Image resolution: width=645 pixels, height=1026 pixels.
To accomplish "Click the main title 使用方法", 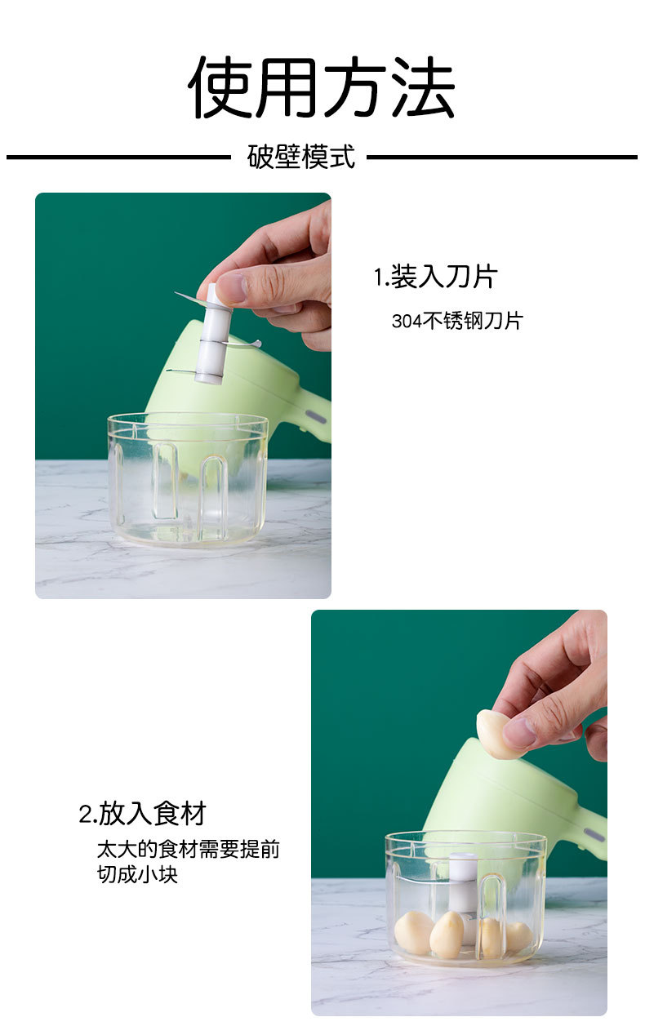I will pos(322,87).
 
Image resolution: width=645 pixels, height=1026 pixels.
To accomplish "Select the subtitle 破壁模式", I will pos(301,157).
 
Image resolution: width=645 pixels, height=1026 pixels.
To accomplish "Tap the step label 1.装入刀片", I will pos(435,277).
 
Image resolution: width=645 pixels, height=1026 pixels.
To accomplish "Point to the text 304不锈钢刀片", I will pos(456,321).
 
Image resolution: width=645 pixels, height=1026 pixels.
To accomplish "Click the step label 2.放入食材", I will pos(143,813).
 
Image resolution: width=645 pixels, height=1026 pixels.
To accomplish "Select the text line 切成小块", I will pos(136,875).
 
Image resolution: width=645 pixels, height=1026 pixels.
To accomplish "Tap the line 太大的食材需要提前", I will pos(188,849).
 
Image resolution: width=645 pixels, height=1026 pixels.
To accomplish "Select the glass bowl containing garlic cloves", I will pos(465,898).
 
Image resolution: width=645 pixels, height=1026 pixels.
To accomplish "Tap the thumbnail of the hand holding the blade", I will pos(183,395).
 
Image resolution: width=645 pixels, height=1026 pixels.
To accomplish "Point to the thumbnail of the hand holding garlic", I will pos(459,812).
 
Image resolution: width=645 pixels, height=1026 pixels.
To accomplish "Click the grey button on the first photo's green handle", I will pos(315,418).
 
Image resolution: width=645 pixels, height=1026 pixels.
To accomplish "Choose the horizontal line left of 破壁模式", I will pos(118,157).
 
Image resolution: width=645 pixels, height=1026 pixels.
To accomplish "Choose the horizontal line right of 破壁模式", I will pos(501,157).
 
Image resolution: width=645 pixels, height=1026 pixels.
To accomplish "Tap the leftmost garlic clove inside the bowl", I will pos(413,932).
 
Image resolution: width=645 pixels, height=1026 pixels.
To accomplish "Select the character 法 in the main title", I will pos(423,87).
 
